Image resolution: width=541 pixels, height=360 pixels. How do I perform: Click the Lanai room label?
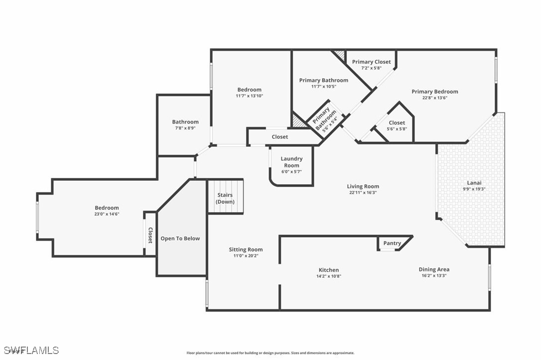pyautogui.click(x=474, y=183)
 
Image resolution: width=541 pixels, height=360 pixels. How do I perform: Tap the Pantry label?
pyautogui.click(x=392, y=243)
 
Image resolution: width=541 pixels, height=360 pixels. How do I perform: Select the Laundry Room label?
pyautogui.click(x=291, y=162)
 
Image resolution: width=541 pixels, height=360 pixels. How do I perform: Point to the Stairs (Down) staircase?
pyautogui.click(x=225, y=196)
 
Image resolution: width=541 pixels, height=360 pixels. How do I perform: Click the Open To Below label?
pyautogui.click(x=180, y=239)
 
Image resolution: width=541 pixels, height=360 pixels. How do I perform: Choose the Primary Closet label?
pyautogui.click(x=371, y=62)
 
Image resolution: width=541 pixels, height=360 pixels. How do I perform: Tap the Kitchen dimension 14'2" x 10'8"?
pyautogui.click(x=329, y=276)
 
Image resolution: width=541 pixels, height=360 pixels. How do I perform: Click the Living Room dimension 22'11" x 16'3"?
pyautogui.click(x=363, y=193)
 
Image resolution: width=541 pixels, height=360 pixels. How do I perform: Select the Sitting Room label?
pyautogui.click(x=246, y=249)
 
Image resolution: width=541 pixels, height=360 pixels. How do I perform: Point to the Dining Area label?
pyautogui.click(x=434, y=270)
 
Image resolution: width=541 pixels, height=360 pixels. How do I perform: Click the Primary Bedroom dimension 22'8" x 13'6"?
pyautogui.click(x=435, y=98)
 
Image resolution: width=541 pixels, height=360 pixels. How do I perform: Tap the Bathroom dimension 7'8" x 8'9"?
pyautogui.click(x=185, y=128)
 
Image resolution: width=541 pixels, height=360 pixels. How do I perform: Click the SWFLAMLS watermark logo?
pyautogui.click(x=31, y=351)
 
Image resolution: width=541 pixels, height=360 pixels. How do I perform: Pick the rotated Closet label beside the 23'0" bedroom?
pyautogui.click(x=150, y=235)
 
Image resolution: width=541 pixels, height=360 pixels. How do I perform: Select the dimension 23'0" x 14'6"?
pyautogui.click(x=107, y=214)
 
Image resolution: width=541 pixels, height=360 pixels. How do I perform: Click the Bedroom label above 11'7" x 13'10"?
pyautogui.click(x=250, y=90)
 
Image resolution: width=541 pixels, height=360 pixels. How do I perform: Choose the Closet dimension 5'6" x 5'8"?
pyautogui.click(x=397, y=129)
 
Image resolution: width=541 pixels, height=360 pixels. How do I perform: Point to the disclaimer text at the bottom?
pyautogui.click(x=270, y=353)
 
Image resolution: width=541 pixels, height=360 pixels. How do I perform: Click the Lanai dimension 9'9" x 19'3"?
pyautogui.click(x=474, y=189)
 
